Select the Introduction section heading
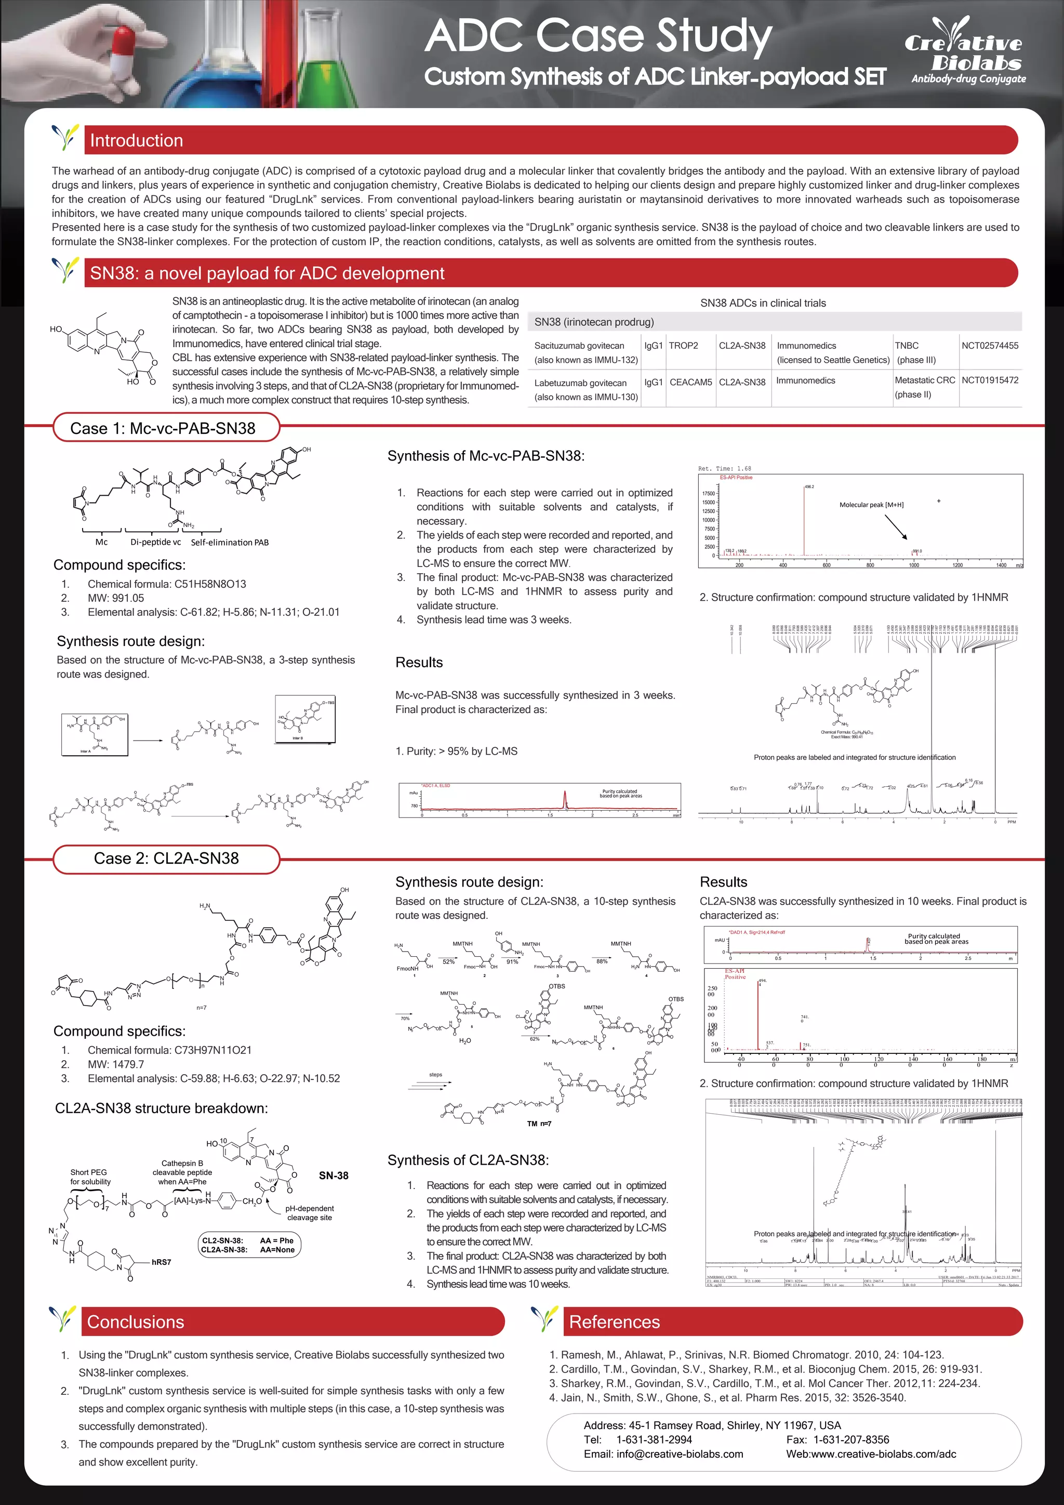136,140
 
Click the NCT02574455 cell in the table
989,346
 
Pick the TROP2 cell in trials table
683,346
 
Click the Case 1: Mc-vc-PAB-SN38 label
163,428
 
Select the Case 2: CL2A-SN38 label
166,858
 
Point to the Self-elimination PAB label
229,542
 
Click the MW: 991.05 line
116,598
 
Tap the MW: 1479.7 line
116,1064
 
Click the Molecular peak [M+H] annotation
871,505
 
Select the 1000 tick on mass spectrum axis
913,565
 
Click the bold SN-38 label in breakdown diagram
334,1176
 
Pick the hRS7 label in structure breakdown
161,1262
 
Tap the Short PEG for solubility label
90,1177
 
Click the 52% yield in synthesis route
448,961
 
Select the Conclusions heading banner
135,1322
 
